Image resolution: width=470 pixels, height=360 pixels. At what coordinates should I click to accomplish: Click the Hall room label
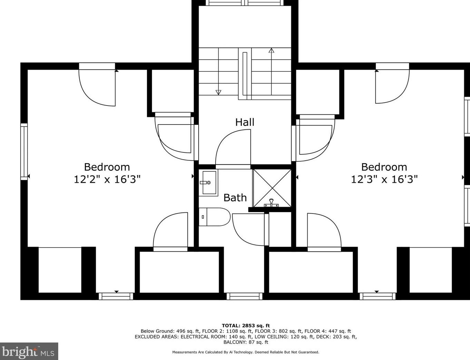tap(244, 122)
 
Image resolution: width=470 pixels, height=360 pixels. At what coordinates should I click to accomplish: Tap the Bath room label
tap(235, 198)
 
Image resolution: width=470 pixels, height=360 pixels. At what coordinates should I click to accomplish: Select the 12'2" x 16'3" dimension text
tap(107, 179)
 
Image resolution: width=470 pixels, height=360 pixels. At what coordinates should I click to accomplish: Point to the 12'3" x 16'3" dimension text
tap(384, 179)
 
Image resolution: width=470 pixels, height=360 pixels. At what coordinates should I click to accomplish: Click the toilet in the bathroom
tap(214, 217)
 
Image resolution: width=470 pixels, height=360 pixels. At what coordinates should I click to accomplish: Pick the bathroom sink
tap(208, 183)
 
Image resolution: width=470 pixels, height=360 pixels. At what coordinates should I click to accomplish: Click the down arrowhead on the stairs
tap(219, 92)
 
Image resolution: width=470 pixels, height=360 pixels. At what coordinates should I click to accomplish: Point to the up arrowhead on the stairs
tap(271, 51)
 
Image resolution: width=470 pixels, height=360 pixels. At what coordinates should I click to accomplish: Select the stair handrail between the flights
tap(245, 74)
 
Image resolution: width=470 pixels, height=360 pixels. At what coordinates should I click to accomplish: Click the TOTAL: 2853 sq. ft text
tap(246, 326)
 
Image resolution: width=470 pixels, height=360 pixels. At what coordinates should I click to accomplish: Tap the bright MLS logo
tap(29, 351)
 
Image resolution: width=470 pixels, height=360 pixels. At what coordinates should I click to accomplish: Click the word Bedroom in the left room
tap(107, 167)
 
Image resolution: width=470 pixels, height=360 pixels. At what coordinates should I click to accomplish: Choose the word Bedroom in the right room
tap(384, 167)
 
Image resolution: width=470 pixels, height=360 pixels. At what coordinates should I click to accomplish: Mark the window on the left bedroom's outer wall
tap(24, 152)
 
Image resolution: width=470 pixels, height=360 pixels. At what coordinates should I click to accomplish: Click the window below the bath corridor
tap(244, 296)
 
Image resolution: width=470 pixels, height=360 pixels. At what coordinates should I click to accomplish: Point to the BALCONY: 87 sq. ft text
tap(246, 342)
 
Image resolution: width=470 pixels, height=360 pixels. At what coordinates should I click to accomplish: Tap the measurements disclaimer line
tap(246, 352)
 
